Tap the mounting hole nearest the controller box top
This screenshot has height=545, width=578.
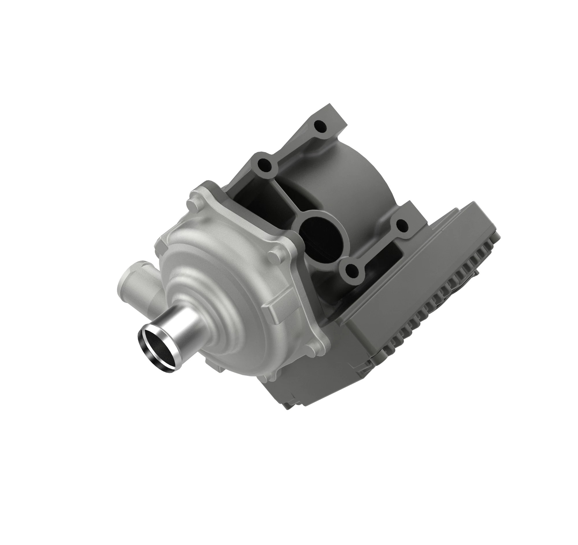(x=402, y=224)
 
